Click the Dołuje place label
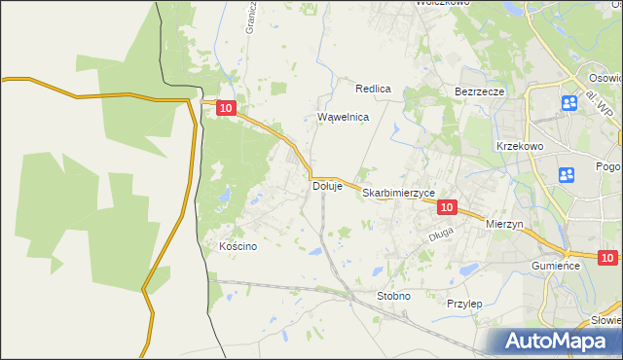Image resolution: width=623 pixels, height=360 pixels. click(x=327, y=186)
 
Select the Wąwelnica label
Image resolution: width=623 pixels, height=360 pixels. click(x=344, y=117)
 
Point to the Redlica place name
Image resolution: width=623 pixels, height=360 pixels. click(x=373, y=89)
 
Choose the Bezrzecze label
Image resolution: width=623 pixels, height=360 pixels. click(x=479, y=91)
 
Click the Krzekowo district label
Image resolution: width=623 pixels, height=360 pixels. click(x=518, y=145)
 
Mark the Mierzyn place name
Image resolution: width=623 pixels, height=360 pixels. click(x=504, y=224)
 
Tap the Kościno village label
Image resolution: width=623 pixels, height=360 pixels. click(x=238, y=246)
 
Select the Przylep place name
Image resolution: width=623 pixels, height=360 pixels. click(x=464, y=304)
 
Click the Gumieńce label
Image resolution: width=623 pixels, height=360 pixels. click(x=556, y=265)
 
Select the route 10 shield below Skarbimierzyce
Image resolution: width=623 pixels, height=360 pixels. click(x=447, y=207)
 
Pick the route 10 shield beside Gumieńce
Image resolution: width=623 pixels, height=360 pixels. click(x=607, y=258)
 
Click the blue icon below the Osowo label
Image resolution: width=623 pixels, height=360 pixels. click(x=569, y=102)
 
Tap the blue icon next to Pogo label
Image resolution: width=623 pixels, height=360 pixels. click(x=567, y=175)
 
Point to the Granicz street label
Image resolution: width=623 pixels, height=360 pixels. click(x=250, y=18)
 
